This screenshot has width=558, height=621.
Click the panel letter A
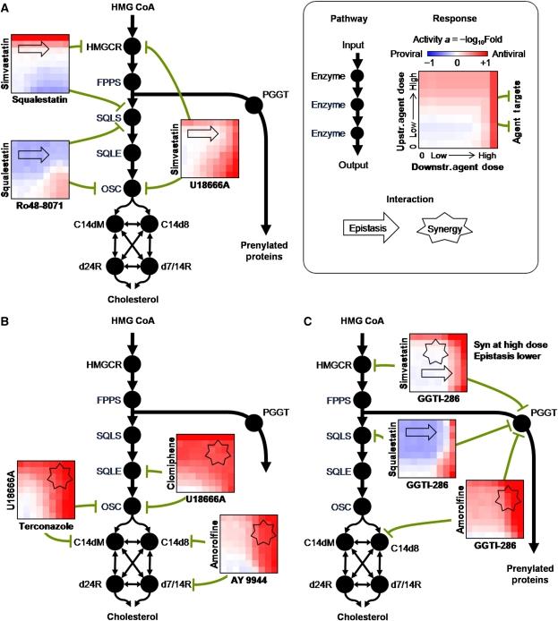click(7, 8)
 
